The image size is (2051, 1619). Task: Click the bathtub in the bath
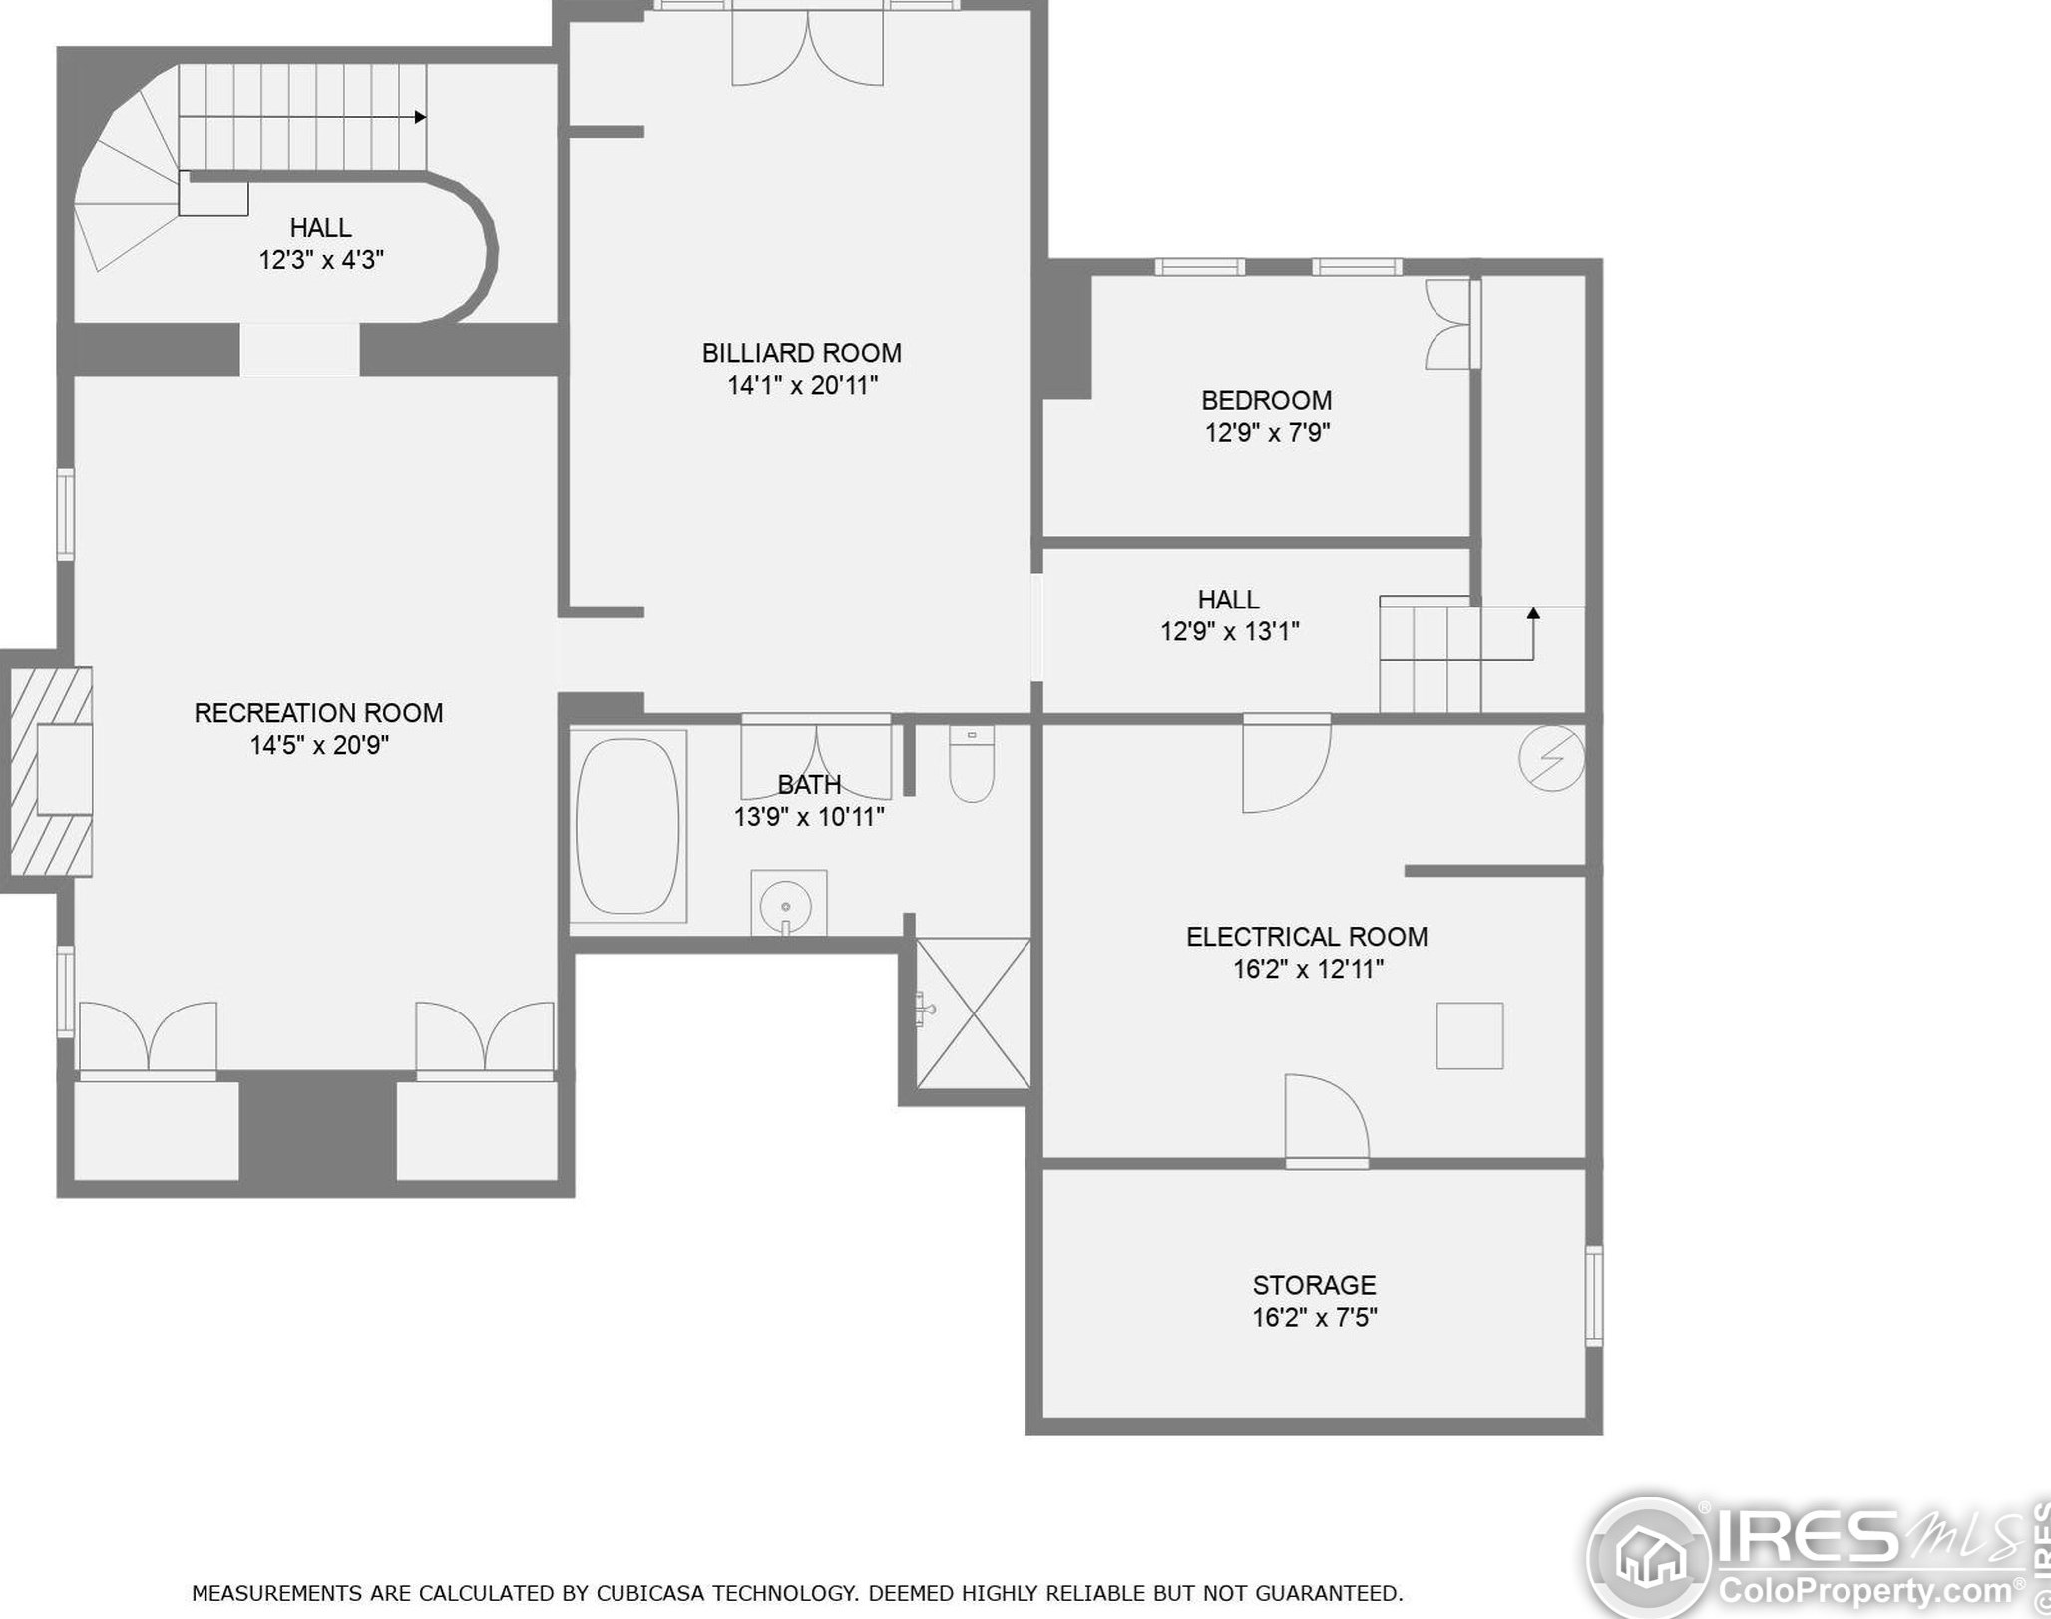(627, 826)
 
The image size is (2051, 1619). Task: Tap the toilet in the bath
(971, 765)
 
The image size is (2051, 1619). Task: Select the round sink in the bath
(787, 905)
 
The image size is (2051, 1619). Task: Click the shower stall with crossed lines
(973, 1012)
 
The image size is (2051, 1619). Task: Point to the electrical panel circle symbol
(1551, 759)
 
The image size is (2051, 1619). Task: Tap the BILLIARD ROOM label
(801, 353)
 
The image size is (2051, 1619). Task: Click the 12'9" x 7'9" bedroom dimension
(1267, 433)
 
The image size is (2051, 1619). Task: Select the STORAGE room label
(1314, 1285)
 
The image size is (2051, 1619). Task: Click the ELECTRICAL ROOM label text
(1306, 937)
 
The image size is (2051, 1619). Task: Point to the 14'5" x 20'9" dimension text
(319, 745)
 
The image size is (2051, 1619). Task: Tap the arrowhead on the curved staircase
(421, 117)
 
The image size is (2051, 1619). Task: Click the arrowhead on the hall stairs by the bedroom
(1533, 612)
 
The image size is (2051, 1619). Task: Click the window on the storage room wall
(1594, 1295)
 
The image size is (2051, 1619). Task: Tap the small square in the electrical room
(1469, 1035)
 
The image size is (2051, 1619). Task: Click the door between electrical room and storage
(1326, 1122)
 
